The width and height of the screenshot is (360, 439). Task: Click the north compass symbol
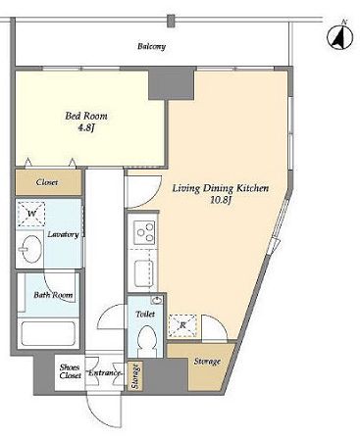(340, 36)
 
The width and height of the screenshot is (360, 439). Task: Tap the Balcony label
(151, 46)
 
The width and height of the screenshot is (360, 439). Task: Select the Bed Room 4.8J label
(86, 121)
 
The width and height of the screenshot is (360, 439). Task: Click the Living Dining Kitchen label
(221, 194)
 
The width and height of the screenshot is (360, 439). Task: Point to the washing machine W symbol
(31, 214)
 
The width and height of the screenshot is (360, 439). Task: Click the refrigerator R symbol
(182, 325)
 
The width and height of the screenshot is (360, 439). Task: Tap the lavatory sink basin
(31, 249)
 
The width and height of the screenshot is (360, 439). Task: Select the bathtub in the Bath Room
(48, 334)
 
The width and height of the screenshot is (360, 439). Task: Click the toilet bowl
(146, 342)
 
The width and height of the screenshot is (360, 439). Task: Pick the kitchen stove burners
(145, 232)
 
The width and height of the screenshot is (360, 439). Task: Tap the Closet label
(47, 182)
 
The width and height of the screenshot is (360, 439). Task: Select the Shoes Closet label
(70, 371)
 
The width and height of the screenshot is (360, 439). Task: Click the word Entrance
(105, 372)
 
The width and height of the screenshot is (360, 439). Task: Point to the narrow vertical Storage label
(135, 375)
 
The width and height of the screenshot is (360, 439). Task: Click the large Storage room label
(207, 362)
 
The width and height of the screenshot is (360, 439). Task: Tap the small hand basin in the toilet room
(157, 300)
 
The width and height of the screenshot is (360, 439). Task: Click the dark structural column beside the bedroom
(172, 84)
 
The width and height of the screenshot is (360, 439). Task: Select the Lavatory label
(63, 234)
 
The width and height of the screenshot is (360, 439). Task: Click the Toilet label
(145, 315)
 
